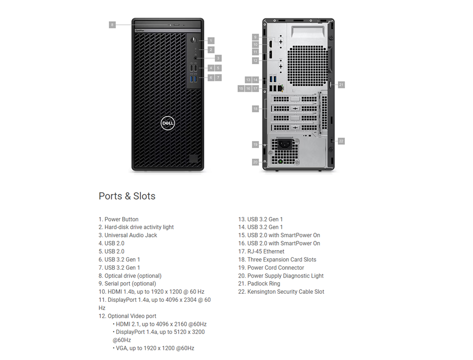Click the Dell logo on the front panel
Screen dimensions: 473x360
168,123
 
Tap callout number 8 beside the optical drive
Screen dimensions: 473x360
112,25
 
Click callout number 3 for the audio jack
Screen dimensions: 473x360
218,58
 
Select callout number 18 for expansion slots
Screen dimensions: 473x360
255,109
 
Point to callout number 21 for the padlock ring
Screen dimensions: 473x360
341,85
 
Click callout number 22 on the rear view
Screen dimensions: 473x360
341,141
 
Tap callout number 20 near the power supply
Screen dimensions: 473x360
255,162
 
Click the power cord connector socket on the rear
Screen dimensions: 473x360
285,144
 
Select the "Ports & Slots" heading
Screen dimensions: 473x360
127,196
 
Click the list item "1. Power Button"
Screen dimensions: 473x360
119,220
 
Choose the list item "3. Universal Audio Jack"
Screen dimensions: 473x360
128,236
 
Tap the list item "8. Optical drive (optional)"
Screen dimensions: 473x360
130,276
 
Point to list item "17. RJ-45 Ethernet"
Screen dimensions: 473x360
261,251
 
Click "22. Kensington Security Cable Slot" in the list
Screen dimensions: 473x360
281,292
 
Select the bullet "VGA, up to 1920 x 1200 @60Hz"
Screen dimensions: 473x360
154,348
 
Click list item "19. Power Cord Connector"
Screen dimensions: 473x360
271,268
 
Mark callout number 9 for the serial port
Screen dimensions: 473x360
255,37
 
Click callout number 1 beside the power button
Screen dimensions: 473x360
211,40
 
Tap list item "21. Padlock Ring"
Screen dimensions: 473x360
259,284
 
